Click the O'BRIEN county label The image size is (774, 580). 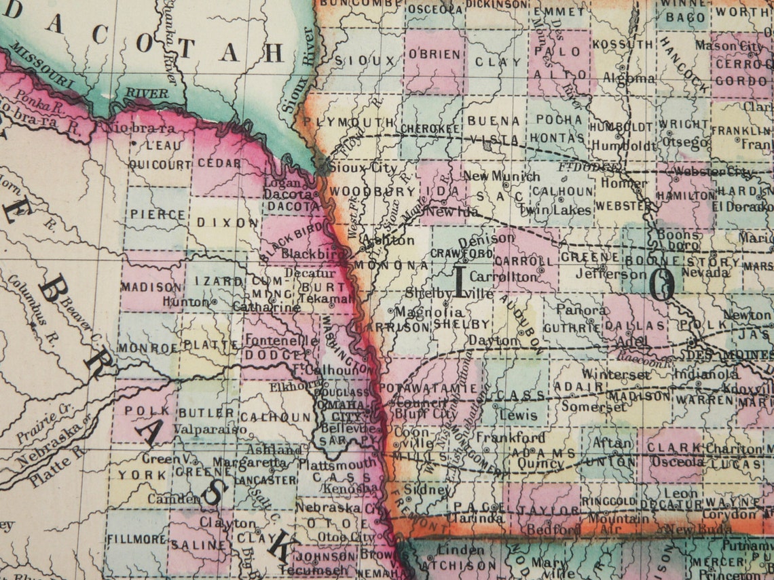pos(434,55)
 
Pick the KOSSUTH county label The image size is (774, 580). pos(623,44)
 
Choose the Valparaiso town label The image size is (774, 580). pos(210,429)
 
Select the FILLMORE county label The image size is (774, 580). pos(136,539)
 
